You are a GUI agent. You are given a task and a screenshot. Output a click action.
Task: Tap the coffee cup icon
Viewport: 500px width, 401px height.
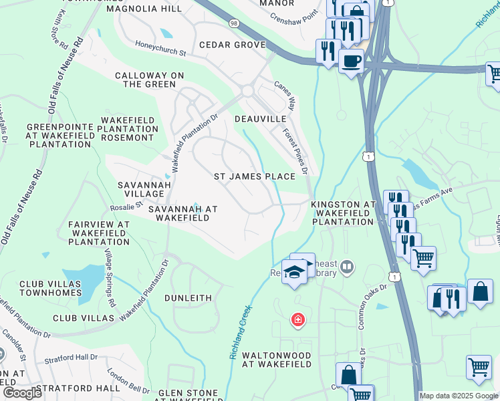(351, 62)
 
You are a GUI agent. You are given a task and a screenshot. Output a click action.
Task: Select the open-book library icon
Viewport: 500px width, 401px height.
(346, 268)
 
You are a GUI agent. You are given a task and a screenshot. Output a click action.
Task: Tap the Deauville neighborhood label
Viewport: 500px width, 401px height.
(261, 118)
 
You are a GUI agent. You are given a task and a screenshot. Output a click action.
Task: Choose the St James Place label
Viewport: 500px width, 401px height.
(254, 176)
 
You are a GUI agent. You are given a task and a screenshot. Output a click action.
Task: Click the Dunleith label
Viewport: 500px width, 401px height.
(189, 298)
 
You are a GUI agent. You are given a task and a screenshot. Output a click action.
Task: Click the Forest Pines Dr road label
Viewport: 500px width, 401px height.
(295, 151)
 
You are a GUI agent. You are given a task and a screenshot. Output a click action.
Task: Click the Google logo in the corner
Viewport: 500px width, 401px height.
(23, 393)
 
